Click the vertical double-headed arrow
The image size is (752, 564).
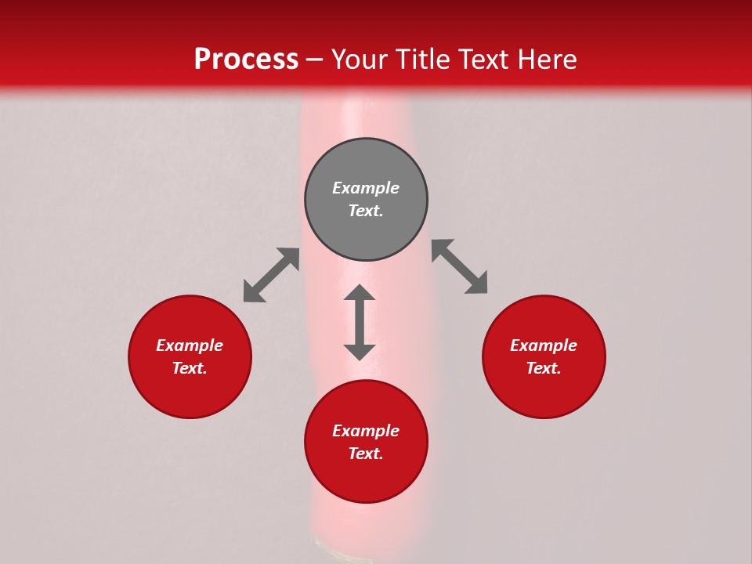click(360, 322)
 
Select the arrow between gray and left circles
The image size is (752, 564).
click(271, 275)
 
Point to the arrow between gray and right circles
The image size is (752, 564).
click(460, 266)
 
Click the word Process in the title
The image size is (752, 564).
click(246, 59)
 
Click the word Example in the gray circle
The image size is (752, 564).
click(366, 188)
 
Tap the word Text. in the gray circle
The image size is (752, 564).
click(366, 211)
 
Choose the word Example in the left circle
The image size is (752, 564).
click(190, 345)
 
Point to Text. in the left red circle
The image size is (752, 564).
click(190, 368)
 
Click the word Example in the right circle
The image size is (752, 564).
click(544, 345)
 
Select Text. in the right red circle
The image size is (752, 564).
click(544, 368)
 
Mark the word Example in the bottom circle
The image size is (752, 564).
click(366, 431)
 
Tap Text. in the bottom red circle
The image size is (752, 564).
click(366, 454)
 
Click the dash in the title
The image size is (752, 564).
click(315, 60)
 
